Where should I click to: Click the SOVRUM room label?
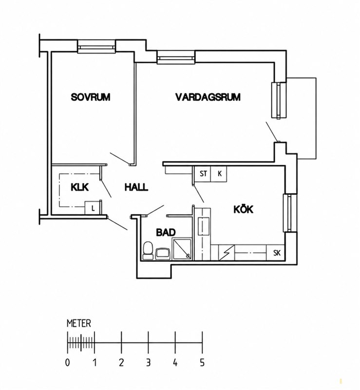91,97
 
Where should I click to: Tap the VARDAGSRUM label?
208,97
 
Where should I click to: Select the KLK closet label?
79,187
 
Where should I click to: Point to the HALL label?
136,187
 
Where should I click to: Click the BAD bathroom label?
166,233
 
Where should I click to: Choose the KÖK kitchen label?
244,209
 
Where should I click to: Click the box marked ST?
203,174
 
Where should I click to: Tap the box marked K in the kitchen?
219,174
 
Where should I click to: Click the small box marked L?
93,208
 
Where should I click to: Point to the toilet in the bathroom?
148,251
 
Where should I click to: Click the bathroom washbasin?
162,253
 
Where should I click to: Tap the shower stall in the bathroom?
182,249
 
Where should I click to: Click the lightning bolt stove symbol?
227,253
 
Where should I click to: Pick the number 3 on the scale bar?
148,362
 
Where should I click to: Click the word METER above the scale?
79,324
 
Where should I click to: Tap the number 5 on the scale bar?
202,362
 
